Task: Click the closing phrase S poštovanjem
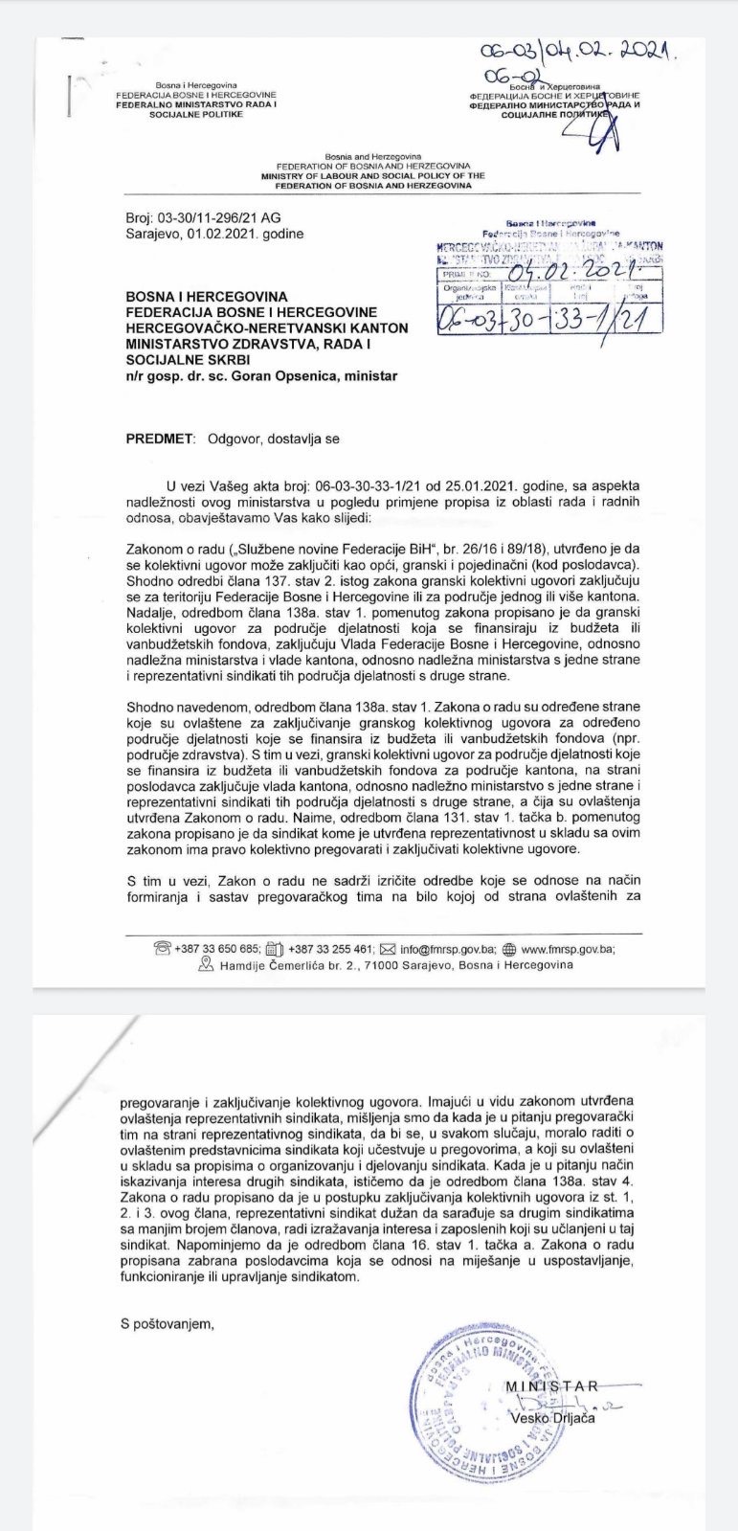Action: [168, 1324]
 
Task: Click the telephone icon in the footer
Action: [162, 949]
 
